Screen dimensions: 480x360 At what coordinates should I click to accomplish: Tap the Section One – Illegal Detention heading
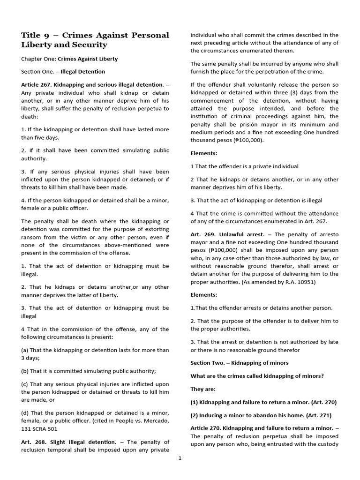[x=63, y=72]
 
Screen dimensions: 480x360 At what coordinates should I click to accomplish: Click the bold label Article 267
[x=36, y=84]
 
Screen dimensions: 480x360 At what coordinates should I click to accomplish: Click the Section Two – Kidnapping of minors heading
[x=239, y=363]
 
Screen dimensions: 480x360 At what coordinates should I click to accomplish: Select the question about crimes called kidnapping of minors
[x=257, y=376]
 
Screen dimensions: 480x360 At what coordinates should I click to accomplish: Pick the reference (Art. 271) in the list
[x=325, y=415]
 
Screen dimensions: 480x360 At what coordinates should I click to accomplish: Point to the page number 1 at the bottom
[x=180, y=458]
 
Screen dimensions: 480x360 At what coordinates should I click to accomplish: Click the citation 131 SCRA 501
[x=40, y=428]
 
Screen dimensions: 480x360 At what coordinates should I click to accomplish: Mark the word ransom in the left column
[x=31, y=238]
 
